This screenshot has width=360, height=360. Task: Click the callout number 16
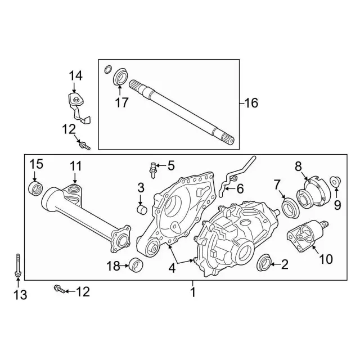point(251,103)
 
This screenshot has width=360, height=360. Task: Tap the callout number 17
point(121,102)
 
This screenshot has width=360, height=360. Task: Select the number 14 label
point(75,76)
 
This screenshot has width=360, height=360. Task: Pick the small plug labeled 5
point(152,170)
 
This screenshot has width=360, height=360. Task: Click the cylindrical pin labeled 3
point(142,209)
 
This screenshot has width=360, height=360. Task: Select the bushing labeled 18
point(136,264)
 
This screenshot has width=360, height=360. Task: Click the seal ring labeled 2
point(264,263)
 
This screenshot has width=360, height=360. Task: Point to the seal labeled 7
point(290,208)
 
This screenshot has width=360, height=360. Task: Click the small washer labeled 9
point(335,181)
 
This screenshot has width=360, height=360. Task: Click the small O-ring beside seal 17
point(108,70)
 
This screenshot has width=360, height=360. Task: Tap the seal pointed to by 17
point(121,76)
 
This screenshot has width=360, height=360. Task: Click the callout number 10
point(326,259)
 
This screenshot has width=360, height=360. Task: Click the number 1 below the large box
point(193,292)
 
